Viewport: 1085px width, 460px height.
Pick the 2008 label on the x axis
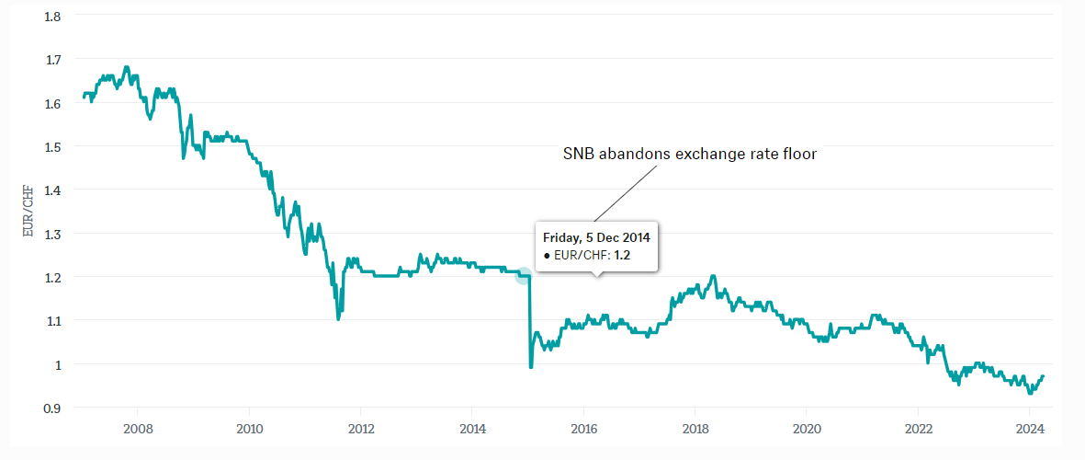click(138, 429)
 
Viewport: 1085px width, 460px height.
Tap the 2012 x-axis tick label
click(360, 429)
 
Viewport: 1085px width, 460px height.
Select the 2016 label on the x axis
click(583, 429)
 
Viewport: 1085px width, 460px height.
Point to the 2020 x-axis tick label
click(806, 429)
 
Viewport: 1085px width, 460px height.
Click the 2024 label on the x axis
click(1029, 429)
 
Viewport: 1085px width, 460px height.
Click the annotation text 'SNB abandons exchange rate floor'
click(689, 155)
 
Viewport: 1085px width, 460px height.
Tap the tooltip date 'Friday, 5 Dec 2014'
click(596, 237)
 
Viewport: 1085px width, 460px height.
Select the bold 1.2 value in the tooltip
click(622, 255)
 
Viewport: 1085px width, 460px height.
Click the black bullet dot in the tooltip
click(547, 255)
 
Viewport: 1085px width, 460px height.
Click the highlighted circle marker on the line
click(524, 276)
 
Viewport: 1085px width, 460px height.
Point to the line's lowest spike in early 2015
click(530, 367)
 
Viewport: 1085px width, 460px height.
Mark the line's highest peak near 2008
click(126, 67)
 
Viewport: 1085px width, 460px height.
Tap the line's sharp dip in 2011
click(338, 318)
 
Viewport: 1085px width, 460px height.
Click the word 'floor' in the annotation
click(799, 155)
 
